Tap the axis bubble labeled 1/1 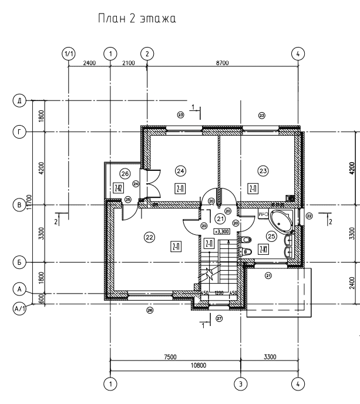(69, 53)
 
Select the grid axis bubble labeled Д (20, 101)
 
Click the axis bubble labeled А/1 (20, 305)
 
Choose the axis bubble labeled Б (20, 262)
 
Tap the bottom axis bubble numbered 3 (239, 383)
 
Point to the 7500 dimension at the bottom (171, 356)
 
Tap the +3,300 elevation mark (221, 231)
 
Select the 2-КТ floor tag (264, 249)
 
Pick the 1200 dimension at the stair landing (220, 293)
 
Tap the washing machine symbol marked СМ (263, 215)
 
